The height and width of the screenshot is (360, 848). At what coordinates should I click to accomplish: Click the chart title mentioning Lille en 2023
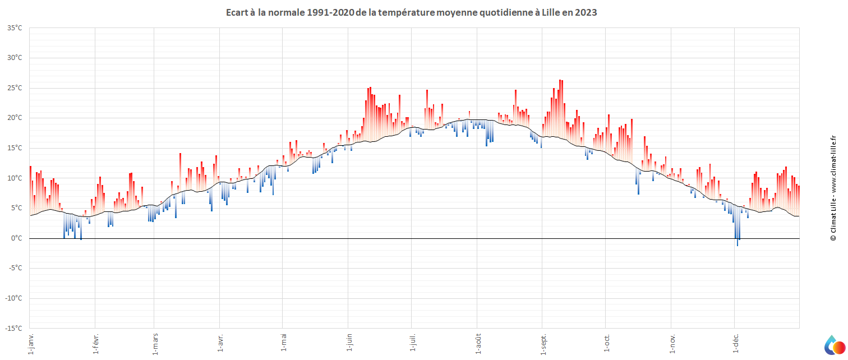click(411, 12)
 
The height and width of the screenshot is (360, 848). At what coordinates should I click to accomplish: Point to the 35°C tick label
click(15, 28)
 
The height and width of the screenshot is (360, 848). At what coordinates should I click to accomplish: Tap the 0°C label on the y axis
click(17, 238)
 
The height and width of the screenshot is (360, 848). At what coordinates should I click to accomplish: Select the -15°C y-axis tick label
click(14, 329)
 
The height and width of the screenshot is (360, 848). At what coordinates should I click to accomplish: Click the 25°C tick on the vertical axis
click(15, 88)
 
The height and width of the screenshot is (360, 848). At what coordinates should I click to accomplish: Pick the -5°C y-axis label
click(15, 269)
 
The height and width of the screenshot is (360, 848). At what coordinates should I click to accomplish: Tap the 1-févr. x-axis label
click(95, 343)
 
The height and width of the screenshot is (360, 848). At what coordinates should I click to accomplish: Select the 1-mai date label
click(283, 341)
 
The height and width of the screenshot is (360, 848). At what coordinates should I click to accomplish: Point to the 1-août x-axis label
click(478, 343)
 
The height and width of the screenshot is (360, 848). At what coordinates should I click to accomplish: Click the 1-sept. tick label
click(542, 343)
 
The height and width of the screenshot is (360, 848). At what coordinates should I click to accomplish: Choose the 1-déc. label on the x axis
click(735, 343)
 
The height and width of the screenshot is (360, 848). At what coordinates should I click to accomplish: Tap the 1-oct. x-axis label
click(606, 341)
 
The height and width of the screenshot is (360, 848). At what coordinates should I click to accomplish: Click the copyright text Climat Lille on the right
click(833, 188)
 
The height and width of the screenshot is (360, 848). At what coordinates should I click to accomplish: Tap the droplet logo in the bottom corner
click(833, 344)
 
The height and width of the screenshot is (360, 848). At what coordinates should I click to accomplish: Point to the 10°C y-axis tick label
click(15, 178)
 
